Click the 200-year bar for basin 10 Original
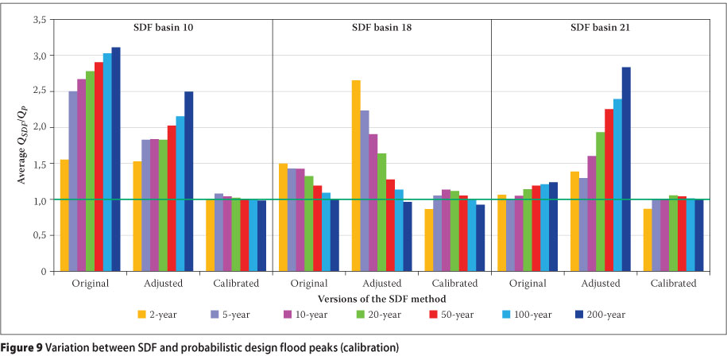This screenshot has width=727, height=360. point(116,159)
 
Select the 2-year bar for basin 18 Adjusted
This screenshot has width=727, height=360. point(357,176)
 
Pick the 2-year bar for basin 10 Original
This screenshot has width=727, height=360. point(64,215)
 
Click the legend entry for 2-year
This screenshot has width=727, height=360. point(160,314)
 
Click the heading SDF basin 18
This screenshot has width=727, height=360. point(381,27)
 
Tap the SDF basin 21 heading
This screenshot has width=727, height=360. point(601,27)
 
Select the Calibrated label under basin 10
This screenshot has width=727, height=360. point(236,284)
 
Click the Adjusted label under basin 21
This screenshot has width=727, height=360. point(601,284)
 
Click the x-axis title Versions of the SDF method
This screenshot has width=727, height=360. point(381,298)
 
